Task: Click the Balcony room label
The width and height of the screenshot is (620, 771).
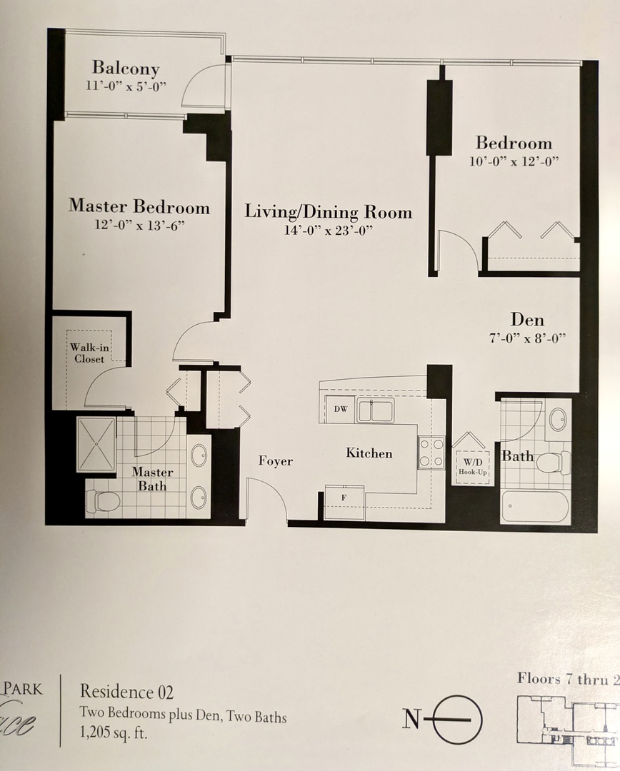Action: click(126, 69)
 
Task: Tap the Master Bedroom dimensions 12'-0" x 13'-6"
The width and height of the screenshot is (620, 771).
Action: click(140, 226)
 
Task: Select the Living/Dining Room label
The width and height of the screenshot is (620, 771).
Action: click(328, 211)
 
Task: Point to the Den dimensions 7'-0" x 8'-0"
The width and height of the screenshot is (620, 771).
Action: click(527, 338)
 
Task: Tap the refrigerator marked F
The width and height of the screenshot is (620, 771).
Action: click(344, 502)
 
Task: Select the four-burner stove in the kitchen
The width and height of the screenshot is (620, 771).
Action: click(431, 453)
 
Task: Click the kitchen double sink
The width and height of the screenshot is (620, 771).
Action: click(376, 410)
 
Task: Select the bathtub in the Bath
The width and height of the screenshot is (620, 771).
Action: click(535, 506)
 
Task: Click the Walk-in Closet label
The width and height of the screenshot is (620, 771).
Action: click(89, 353)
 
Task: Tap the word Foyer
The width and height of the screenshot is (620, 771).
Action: click(276, 460)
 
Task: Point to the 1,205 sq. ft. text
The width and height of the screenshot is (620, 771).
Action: click(114, 734)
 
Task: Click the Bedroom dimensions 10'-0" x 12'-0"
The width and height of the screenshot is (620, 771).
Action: click(514, 162)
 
